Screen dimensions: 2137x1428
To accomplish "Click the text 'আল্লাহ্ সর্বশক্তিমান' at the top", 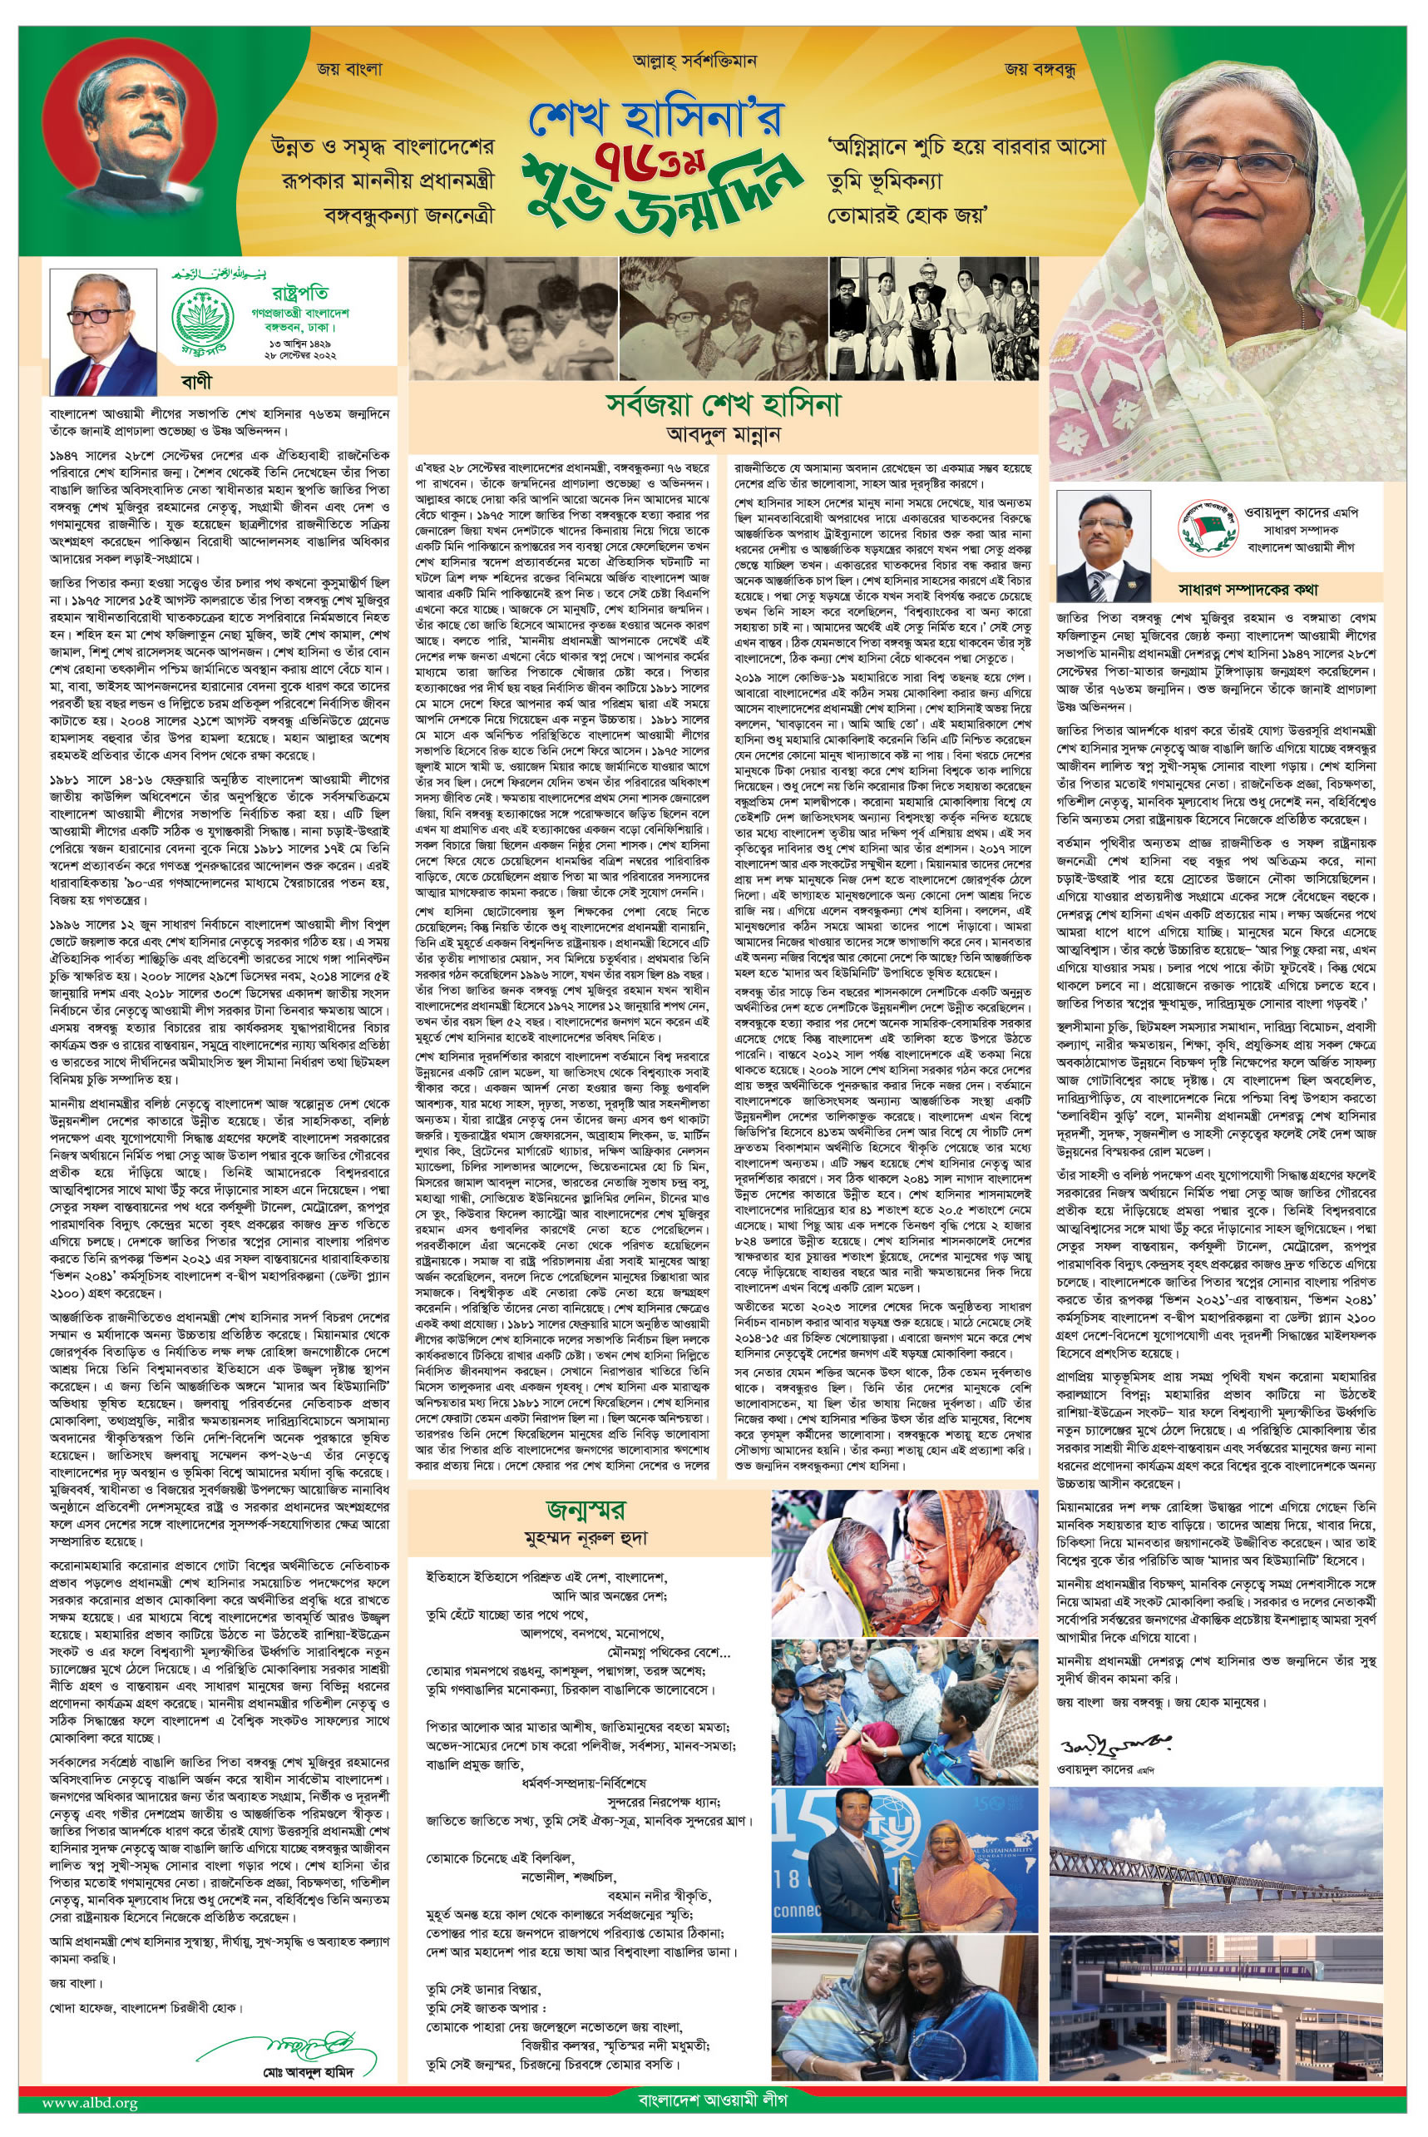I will pyautogui.click(x=694, y=62).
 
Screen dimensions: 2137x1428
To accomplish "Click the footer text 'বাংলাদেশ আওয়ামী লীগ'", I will pyautogui.click(x=713, y=2120).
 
